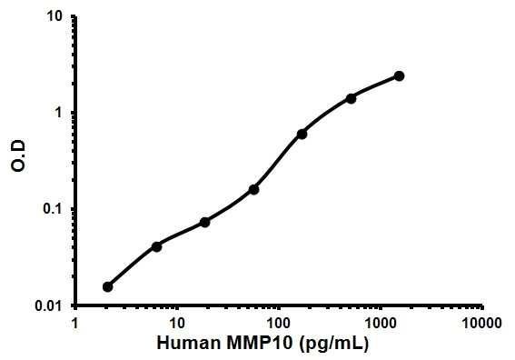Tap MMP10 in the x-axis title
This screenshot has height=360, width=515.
pyautogui.click(x=259, y=345)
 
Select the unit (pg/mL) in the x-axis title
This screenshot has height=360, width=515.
pyautogui.click(x=333, y=345)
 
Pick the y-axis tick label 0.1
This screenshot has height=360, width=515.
pyautogui.click(x=53, y=210)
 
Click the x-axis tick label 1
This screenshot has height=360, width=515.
pyautogui.click(x=75, y=323)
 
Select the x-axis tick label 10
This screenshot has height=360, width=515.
pyautogui.click(x=176, y=323)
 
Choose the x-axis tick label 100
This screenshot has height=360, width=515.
pyautogui.click(x=278, y=323)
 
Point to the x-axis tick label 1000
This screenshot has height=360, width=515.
pyautogui.click(x=379, y=323)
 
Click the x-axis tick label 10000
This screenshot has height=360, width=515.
pyautogui.click(x=480, y=323)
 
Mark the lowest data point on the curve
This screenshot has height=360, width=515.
pyautogui.click(x=108, y=286)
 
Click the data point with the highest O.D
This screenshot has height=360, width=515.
pyautogui.click(x=399, y=75)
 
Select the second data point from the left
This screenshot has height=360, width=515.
pyautogui.click(x=157, y=246)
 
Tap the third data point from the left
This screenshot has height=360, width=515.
pyautogui.click(x=205, y=222)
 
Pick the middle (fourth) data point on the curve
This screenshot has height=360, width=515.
pyautogui.click(x=253, y=189)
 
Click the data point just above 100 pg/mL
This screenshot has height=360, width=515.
pyautogui.click(x=302, y=134)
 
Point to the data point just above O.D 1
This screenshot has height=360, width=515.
pyautogui.click(x=351, y=98)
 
